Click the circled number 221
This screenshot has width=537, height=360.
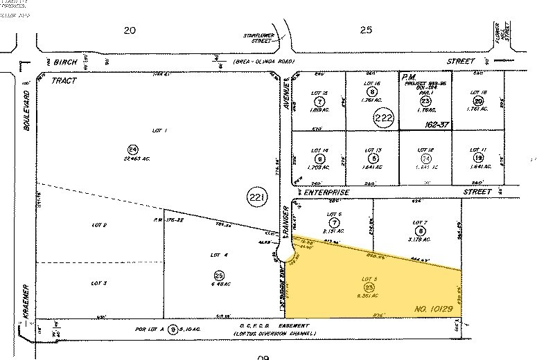tap(256, 198)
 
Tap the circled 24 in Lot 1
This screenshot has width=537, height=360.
tap(131, 150)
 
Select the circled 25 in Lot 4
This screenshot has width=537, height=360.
tap(219, 275)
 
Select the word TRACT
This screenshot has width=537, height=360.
tap(64, 80)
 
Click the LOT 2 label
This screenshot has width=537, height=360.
tap(99, 224)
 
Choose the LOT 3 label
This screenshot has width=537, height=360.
tap(99, 283)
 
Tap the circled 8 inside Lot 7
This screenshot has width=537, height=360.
tap(419, 231)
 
